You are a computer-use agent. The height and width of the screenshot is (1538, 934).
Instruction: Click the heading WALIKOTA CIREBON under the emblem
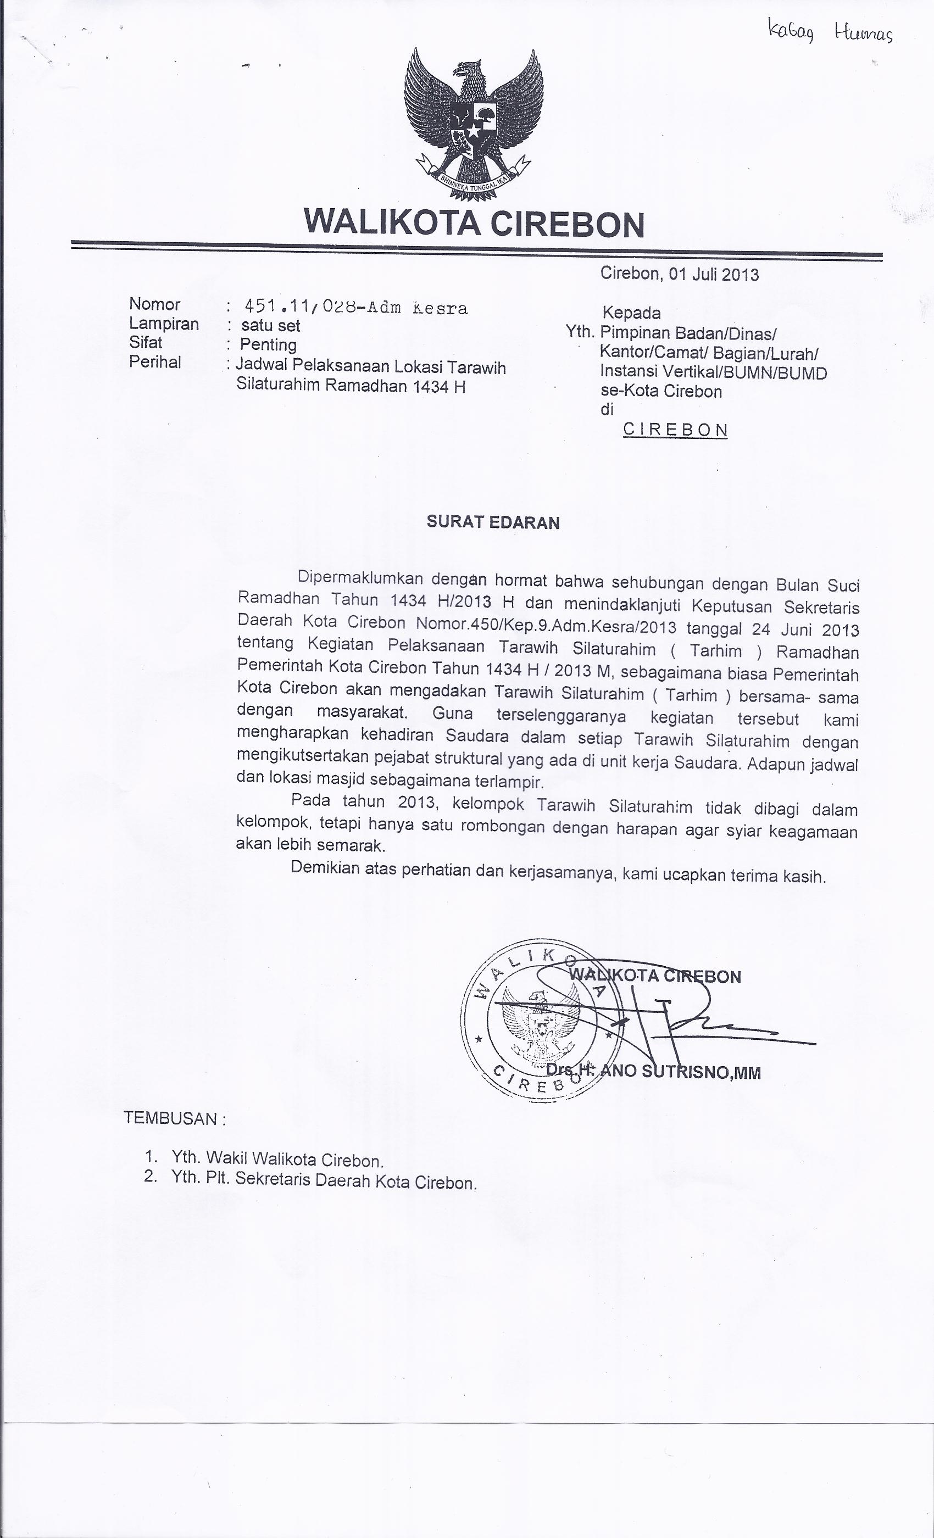point(473,224)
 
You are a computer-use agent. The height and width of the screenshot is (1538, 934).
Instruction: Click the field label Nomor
point(154,304)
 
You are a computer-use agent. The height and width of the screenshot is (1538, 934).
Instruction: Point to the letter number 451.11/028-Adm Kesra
point(356,307)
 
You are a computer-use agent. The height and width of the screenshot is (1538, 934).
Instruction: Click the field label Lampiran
point(164,324)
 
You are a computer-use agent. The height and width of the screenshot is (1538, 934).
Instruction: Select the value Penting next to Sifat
point(269,344)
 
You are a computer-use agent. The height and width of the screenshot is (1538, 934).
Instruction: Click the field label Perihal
point(155,362)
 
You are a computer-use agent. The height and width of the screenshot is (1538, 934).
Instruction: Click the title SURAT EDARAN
point(493,522)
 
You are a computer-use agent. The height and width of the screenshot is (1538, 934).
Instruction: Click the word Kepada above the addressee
point(631,313)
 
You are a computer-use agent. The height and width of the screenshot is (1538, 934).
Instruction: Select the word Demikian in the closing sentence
point(325,867)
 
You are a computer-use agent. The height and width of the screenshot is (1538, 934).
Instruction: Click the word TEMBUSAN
point(170,1118)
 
